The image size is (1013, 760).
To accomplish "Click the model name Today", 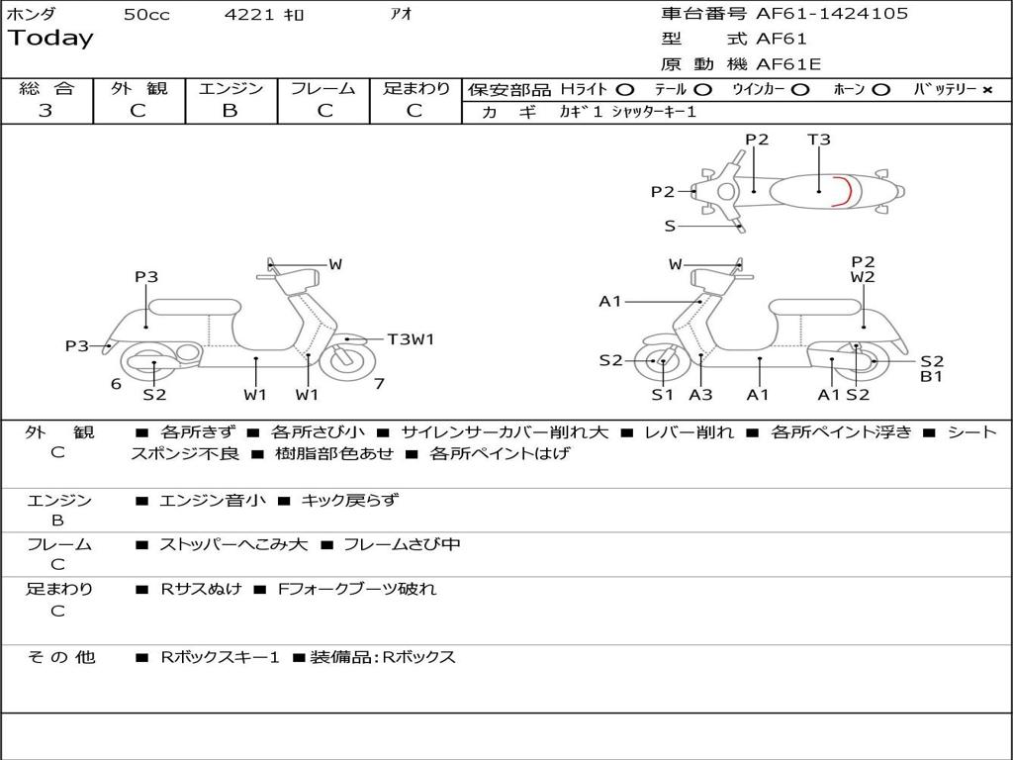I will (x=50, y=39).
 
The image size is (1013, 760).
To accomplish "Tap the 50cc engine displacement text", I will (x=146, y=15).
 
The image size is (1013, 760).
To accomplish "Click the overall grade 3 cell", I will (x=46, y=111).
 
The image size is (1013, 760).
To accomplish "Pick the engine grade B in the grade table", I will (x=230, y=111).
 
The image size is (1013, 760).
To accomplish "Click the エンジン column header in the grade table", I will (x=230, y=88).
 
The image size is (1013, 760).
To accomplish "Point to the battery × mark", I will (x=986, y=89).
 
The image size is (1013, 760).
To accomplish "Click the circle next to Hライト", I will (x=624, y=89).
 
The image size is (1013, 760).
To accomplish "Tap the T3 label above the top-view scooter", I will (x=819, y=140).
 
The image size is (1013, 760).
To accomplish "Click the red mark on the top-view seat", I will (x=842, y=190).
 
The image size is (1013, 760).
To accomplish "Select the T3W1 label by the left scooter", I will (x=411, y=339).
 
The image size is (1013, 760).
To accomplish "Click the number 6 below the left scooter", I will (x=116, y=384).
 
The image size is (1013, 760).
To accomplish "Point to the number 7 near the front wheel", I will (x=379, y=384).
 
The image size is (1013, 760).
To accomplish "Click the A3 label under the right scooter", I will (x=700, y=395).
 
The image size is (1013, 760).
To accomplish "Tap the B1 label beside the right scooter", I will (x=931, y=376).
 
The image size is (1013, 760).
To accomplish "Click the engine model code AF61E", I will (x=788, y=64).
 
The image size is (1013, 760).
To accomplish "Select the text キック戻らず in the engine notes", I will (x=349, y=501).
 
